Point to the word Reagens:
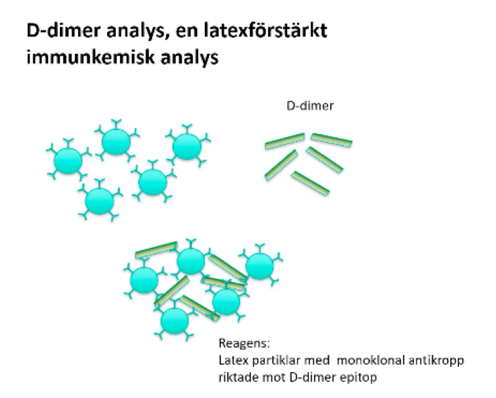point(241,343)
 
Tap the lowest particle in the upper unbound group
point(100,200)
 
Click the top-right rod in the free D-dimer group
point(331,141)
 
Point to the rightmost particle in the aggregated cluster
point(259,267)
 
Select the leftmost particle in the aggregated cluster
point(144,279)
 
